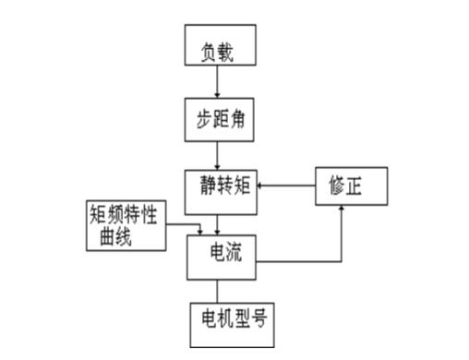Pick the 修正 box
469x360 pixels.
point(351,186)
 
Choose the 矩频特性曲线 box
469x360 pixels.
point(126,224)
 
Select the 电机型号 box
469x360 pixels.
point(231,324)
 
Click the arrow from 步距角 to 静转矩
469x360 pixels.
point(218,153)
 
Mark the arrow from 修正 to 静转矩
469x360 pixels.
point(286,185)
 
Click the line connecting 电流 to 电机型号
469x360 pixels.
point(218,291)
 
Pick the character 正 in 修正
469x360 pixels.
point(362,184)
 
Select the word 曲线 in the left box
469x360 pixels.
point(116,237)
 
